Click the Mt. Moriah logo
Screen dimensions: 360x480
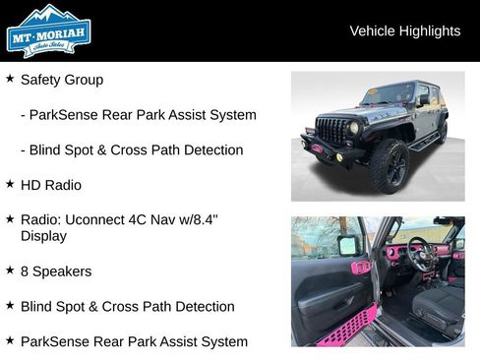48,30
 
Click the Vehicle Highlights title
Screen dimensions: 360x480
404,31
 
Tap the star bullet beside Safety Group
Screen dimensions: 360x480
10,79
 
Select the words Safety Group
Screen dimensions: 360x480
61,80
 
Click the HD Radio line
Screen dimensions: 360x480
51,185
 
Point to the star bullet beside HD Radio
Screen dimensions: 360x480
10,184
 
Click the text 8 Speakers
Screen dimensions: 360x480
56,271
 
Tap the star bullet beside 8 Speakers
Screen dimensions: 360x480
10,270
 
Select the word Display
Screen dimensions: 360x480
43,236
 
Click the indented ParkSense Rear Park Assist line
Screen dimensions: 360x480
138,115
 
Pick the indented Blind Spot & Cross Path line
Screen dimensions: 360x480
131,150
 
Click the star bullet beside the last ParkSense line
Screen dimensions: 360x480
10,341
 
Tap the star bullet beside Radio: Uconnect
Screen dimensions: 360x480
10,219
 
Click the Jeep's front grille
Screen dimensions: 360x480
332,131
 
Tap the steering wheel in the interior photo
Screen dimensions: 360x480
418,254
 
